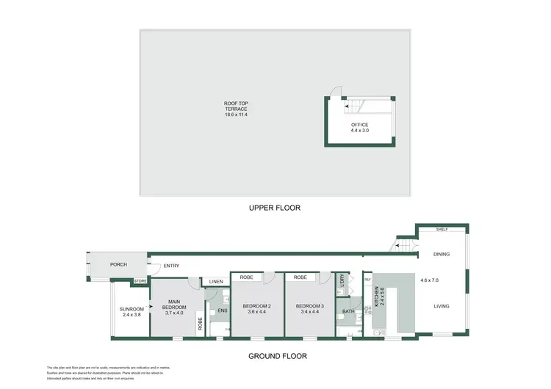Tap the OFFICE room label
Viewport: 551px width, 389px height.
(359, 125)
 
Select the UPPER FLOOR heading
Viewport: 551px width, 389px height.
(274, 208)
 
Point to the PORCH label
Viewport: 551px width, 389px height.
(119, 265)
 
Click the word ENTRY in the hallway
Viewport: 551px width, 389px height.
(171, 266)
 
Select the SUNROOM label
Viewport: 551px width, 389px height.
(132, 309)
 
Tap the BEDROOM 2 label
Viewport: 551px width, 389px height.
(258, 306)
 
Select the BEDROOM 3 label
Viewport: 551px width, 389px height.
(310, 306)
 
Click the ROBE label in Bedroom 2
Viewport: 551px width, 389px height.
(248, 278)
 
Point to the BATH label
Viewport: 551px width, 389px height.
(348, 312)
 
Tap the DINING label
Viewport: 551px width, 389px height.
(441, 255)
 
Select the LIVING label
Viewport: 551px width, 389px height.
(441, 306)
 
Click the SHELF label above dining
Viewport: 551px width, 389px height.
(442, 229)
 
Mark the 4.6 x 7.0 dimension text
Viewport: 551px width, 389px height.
(430, 280)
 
